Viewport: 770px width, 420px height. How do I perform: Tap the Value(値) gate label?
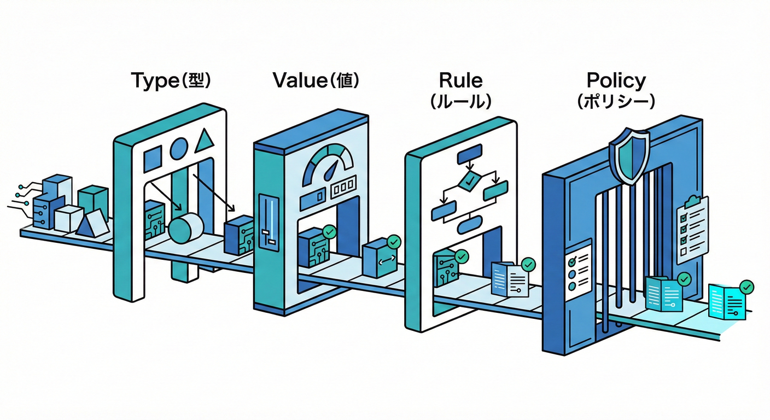pos(316,81)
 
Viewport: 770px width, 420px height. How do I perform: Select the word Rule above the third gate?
pos(460,81)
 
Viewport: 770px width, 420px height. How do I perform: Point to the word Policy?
pos(616,81)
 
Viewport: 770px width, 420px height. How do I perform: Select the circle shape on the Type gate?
pos(178,148)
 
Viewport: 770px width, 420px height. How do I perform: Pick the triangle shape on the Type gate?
pos(203,141)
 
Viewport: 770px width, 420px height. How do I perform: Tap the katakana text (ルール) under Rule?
pos(460,102)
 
